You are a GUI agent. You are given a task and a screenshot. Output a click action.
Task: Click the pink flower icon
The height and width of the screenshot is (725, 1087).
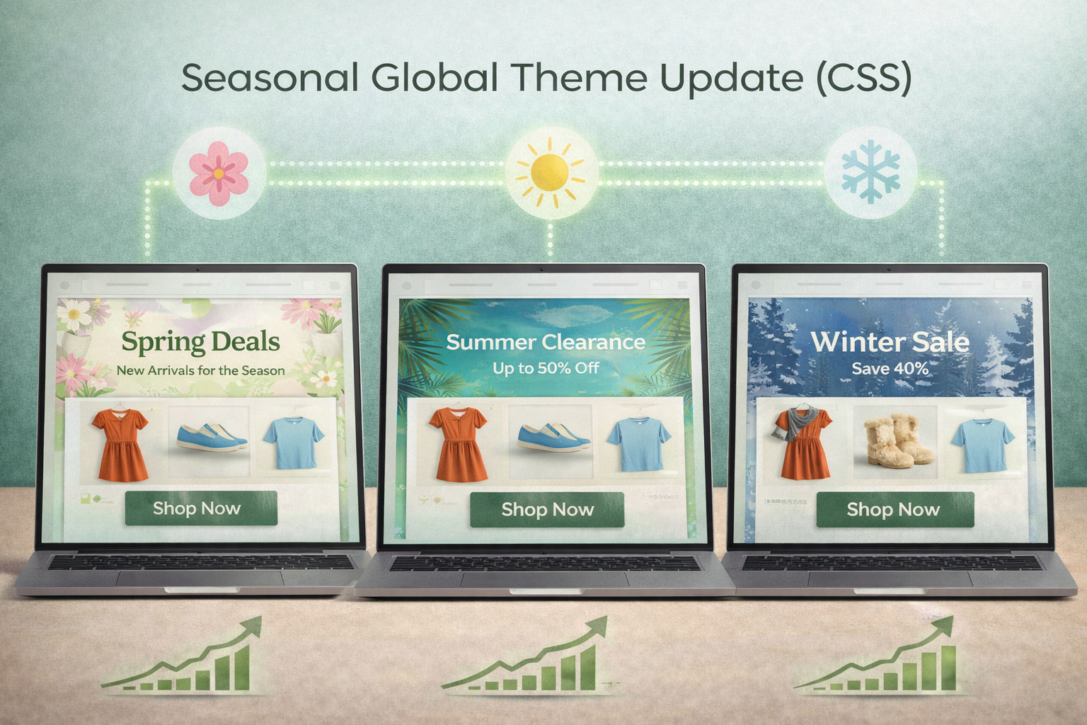point(219,172)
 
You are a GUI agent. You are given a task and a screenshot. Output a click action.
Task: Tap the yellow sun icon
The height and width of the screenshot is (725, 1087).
point(550,172)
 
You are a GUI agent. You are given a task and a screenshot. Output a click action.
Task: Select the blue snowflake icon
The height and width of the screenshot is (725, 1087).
point(870,172)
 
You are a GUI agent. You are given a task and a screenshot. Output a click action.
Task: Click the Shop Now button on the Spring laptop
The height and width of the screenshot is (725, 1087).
point(200,508)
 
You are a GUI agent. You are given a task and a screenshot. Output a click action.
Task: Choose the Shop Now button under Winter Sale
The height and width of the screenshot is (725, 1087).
point(895,510)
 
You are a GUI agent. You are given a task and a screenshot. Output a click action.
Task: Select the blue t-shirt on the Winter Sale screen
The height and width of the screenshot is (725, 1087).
point(982,445)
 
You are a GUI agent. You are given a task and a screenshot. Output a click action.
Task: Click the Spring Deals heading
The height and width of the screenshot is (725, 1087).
point(200,342)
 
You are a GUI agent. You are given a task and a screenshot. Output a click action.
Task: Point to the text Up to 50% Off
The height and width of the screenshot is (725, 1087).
point(546,368)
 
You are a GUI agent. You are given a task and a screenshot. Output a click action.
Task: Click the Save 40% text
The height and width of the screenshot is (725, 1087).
point(890,369)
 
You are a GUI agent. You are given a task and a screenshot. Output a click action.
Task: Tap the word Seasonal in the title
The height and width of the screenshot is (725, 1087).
point(270,78)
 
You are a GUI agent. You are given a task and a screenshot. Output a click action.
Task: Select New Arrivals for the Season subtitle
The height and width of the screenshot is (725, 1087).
point(200,370)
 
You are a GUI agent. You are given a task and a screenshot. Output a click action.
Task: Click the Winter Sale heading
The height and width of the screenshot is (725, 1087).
point(890,342)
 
